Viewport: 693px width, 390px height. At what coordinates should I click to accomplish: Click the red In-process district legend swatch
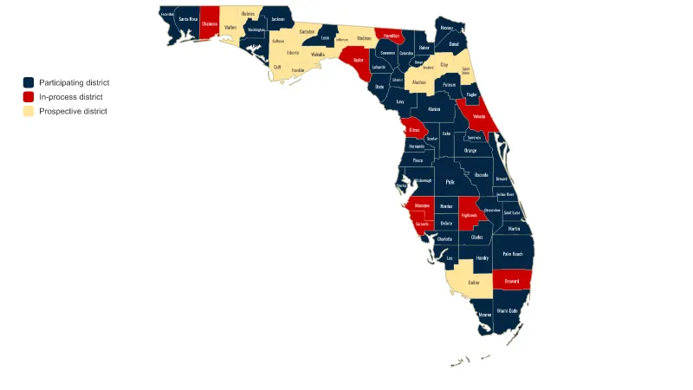point(29,97)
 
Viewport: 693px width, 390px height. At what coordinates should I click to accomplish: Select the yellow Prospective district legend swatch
point(29,111)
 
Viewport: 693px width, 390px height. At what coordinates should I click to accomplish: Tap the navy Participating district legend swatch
point(29,82)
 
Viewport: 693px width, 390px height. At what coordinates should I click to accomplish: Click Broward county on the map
point(511,281)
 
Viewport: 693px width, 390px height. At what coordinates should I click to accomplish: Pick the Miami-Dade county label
point(507,310)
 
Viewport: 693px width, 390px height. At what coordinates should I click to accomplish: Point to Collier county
point(474,282)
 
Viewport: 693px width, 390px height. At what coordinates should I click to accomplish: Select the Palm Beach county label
point(512,254)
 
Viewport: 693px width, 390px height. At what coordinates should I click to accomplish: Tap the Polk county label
point(450,182)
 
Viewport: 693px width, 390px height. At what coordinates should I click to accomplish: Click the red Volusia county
point(478,115)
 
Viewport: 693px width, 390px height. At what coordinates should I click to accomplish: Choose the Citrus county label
point(414,130)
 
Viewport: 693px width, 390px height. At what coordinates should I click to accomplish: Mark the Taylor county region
point(358,61)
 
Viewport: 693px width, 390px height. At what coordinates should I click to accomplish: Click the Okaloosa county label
point(209,24)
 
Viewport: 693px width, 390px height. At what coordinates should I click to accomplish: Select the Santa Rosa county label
point(188,18)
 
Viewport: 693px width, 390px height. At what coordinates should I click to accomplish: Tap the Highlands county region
point(469,214)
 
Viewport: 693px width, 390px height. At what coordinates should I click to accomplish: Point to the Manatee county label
point(423,205)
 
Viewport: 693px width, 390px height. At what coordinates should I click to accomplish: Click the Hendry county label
point(483,257)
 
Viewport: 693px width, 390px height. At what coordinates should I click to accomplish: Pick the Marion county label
point(434,110)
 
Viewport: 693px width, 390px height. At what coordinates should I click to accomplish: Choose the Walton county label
point(230,28)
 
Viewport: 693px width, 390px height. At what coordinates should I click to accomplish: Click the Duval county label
point(454,42)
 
